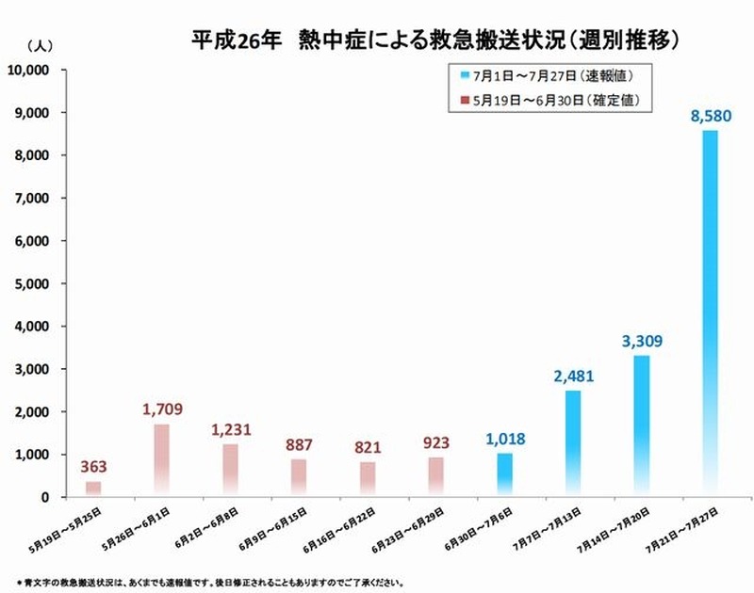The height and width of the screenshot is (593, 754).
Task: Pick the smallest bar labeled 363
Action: coord(93,489)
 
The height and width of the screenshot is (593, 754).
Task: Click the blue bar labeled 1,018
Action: coord(505,474)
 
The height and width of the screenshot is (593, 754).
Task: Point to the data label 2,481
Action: coord(573,378)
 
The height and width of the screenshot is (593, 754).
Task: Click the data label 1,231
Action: coord(231,428)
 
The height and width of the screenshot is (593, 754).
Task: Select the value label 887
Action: coord(299,443)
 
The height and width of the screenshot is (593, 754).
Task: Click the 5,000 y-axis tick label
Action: coord(34,283)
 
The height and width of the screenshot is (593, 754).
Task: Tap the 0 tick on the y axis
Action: coord(47,497)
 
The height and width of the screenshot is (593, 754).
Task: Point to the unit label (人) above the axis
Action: coord(42,45)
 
